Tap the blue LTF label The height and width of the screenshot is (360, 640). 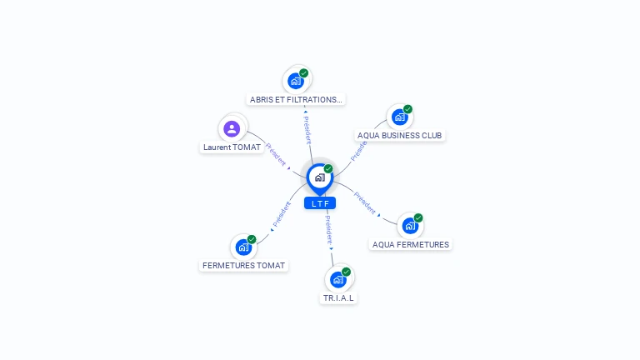(320, 203)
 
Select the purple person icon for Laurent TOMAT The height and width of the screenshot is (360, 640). (232, 128)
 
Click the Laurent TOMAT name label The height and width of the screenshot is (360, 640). (232, 147)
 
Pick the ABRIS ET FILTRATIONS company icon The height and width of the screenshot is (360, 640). (296, 81)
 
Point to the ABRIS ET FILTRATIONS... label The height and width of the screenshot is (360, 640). (296, 100)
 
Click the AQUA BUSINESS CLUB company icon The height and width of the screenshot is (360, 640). (400, 117)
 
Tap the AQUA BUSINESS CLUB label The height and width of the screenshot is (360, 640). (400, 136)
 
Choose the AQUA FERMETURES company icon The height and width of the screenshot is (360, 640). (410, 226)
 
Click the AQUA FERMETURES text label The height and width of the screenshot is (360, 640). (411, 244)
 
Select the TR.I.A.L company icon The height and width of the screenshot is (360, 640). (338, 280)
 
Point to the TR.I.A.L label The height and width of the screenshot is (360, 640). (338, 298)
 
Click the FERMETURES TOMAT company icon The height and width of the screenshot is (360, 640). (243, 247)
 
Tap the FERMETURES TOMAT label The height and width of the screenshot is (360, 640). (243, 265)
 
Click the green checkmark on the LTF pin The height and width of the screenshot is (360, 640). (328, 168)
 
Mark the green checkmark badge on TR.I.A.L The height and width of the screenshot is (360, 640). (346, 272)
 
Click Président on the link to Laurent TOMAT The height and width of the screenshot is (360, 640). (276, 155)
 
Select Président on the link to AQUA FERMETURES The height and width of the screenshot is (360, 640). (364, 202)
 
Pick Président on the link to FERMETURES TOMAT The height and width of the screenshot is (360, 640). (282, 214)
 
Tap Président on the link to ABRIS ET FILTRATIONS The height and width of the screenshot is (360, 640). (307, 130)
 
